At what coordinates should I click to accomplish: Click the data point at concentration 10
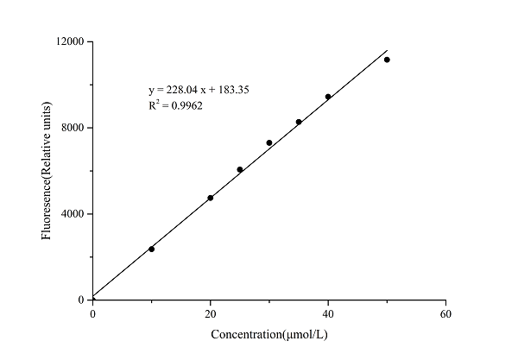[151, 249]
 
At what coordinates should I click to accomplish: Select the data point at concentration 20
[210, 198]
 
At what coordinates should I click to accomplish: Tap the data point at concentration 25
[239, 169]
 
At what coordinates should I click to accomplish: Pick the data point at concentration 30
[269, 142]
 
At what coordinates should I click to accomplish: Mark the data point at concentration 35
[299, 122]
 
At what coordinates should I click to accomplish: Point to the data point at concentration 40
[328, 97]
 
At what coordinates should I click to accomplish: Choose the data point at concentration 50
[387, 60]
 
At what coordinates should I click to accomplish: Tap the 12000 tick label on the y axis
[71, 41]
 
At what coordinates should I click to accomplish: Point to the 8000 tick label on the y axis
[73, 128]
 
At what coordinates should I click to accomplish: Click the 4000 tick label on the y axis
[73, 214]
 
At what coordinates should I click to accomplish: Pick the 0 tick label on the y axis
[82, 300]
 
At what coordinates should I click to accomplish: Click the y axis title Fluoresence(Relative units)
[49, 171]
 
